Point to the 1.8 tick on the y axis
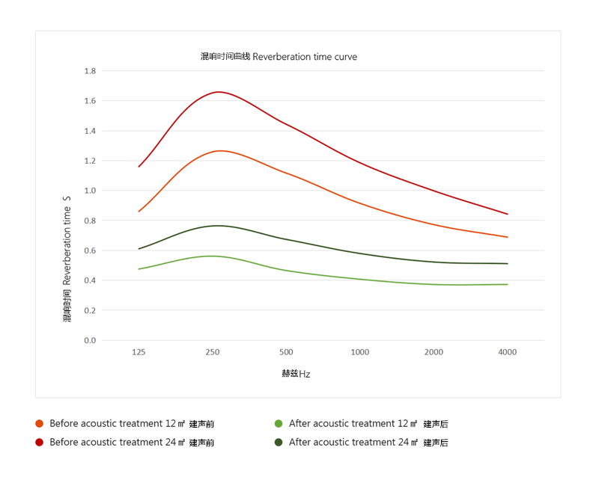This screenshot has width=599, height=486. point(90,71)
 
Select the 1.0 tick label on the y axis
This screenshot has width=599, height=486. point(90,191)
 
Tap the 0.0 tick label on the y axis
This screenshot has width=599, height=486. point(90,340)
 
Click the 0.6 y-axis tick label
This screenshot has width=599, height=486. point(90,250)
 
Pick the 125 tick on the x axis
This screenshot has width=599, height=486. point(139,352)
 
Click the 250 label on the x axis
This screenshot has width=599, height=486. point(212,352)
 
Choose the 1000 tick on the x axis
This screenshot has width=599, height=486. point(360,352)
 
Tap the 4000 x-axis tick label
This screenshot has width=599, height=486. point(507,352)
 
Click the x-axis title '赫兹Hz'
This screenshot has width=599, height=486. point(296,374)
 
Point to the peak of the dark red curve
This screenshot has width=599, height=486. point(219,92)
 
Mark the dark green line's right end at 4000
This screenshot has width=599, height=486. point(508,263)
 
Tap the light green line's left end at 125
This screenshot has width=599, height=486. point(139,269)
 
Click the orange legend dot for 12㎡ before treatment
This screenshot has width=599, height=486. point(39,424)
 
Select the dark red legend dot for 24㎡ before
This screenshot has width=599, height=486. point(39,443)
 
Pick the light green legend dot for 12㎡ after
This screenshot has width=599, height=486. point(279,424)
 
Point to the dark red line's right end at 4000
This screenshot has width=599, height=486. point(508,214)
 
